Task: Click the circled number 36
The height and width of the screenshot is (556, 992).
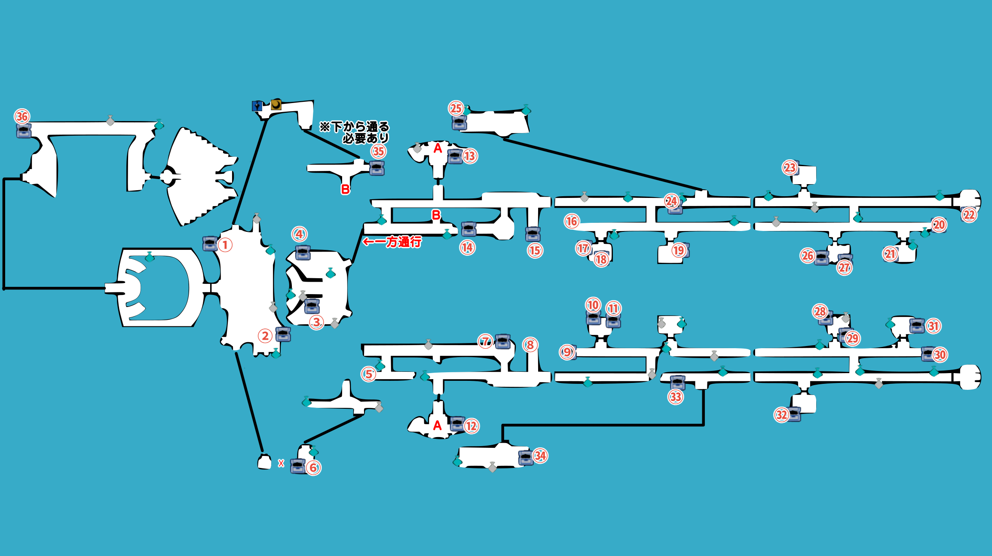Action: [x=22, y=116]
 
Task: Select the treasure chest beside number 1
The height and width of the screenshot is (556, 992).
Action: [x=210, y=243]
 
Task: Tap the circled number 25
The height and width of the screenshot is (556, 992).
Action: [x=456, y=108]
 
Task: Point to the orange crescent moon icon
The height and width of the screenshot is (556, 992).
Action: [x=276, y=105]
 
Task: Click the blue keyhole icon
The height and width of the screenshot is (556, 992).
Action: [x=257, y=106]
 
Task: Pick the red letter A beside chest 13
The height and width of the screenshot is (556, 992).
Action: [x=438, y=149]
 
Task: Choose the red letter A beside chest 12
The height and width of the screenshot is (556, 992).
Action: [x=437, y=425]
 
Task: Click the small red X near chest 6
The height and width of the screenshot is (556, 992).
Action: [x=281, y=463]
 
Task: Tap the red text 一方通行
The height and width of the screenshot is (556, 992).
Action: [x=403, y=242]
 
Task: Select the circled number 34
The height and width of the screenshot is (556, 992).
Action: [x=540, y=456]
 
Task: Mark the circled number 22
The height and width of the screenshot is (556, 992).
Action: [x=969, y=215]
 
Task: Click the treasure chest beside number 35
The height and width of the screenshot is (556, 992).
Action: [x=377, y=168]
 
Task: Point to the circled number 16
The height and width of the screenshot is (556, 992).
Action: [x=572, y=222]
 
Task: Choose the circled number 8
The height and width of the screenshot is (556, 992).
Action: [x=530, y=345]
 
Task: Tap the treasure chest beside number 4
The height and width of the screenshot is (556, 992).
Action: [x=303, y=253]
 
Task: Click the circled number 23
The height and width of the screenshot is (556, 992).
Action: [x=790, y=167]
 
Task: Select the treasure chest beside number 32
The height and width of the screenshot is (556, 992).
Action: [x=793, y=414]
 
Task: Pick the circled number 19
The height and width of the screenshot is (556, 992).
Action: [x=678, y=250]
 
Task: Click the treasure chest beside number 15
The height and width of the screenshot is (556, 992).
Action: [x=533, y=234]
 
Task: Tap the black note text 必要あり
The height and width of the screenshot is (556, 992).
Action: [x=366, y=138]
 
